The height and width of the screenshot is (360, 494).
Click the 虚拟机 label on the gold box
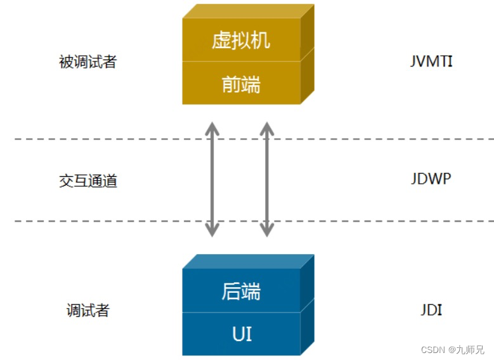click(241, 41)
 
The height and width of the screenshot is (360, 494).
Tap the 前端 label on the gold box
click(241, 84)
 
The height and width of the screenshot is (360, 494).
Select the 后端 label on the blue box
click(241, 291)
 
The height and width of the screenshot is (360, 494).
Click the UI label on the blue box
click(241, 333)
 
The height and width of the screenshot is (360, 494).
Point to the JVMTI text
click(431, 61)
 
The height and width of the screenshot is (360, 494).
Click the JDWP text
click(431, 179)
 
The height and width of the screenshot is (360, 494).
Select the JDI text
click(431, 310)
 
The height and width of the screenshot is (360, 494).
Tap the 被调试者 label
click(88, 62)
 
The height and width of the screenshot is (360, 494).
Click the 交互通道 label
click(88, 181)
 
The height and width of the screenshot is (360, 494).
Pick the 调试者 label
click(88, 311)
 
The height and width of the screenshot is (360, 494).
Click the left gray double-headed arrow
click(213, 180)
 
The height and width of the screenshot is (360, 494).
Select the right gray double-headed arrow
click(267, 180)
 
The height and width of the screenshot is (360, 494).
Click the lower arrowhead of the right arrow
click(267, 230)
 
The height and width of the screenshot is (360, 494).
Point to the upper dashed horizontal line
click(95, 138)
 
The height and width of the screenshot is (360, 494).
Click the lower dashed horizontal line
click(95, 221)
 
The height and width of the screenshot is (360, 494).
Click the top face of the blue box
click(247, 261)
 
